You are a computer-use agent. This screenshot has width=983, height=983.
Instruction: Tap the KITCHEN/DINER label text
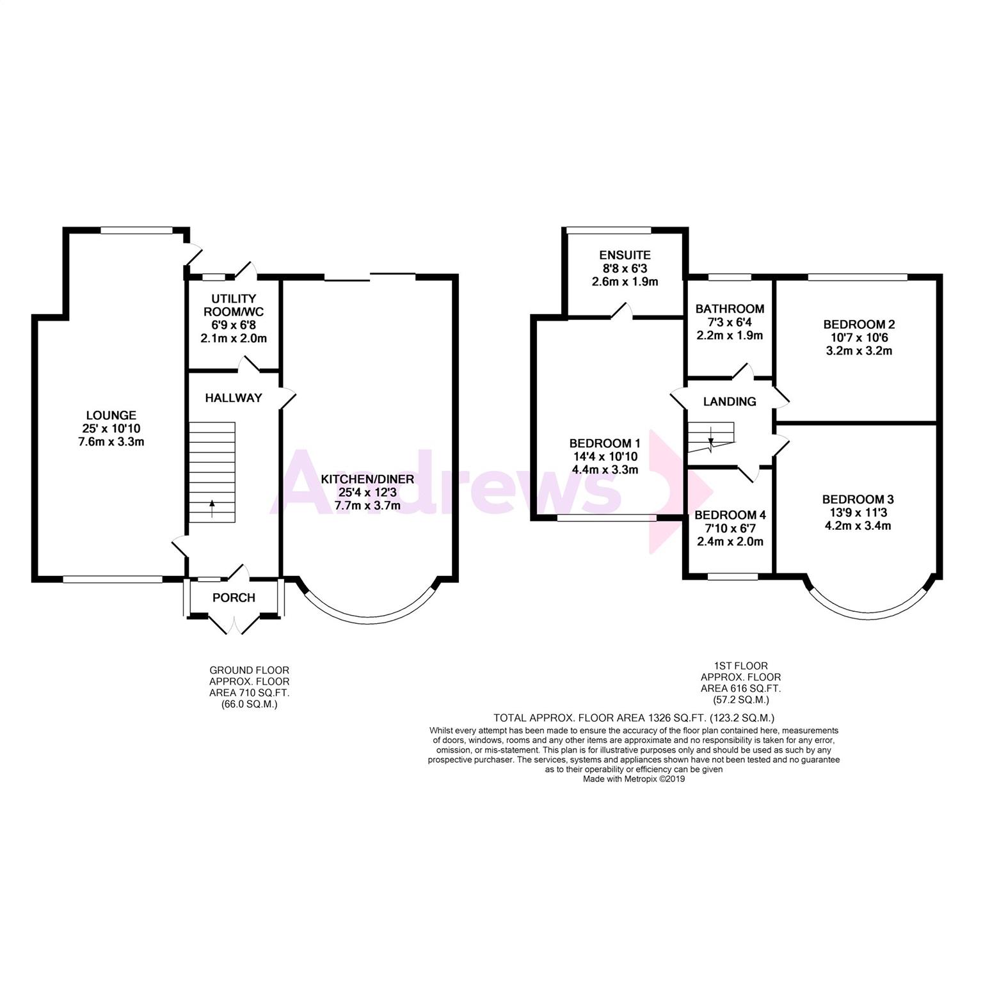click(367, 479)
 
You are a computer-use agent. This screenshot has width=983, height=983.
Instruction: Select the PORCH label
click(234, 598)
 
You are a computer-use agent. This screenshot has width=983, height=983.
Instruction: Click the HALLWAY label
click(234, 398)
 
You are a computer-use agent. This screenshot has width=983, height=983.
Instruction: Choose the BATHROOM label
click(730, 309)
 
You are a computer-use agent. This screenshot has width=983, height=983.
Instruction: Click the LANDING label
click(730, 402)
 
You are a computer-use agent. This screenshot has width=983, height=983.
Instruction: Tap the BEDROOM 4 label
click(730, 515)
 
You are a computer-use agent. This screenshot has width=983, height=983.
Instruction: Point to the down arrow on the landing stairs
click(710, 442)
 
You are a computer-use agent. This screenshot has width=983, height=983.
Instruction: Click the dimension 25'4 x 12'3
click(367, 492)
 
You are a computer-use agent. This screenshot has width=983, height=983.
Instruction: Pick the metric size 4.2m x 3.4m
click(858, 526)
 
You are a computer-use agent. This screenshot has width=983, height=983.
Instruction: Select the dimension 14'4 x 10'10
click(605, 456)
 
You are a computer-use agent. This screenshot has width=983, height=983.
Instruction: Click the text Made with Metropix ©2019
click(634, 779)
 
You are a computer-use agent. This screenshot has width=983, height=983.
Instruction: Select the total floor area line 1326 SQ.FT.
click(634, 718)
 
